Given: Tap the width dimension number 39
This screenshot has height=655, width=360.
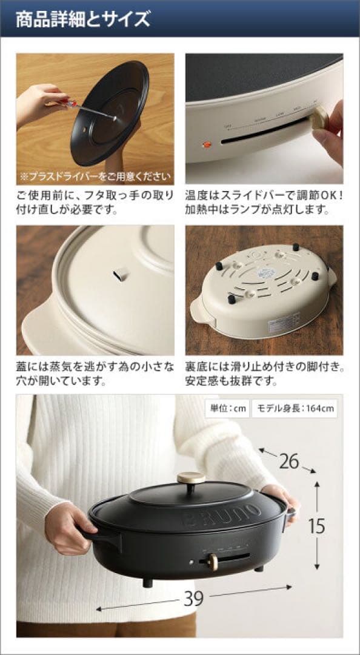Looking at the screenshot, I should click(193, 599).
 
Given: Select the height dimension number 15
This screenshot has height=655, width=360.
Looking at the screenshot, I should click(316, 525).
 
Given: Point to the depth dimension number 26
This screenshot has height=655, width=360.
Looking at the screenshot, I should click(289, 462).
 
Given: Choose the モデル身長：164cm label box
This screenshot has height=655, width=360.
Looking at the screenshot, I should click(294, 409).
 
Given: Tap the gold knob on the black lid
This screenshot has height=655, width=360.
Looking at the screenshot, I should click(191, 478).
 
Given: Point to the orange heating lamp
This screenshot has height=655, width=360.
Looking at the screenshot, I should click(205, 146).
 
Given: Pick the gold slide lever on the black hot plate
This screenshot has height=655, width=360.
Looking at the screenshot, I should click(213, 562).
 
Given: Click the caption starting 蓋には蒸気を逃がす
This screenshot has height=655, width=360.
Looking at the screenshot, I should click(95, 374).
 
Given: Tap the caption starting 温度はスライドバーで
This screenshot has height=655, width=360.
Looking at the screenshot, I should click(264, 203).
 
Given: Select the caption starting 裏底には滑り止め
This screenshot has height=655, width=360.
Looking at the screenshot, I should click(264, 374).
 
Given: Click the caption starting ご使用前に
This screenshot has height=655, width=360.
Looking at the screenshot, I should click(95, 203).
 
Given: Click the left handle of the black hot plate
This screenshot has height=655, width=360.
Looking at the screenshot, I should click(101, 534).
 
